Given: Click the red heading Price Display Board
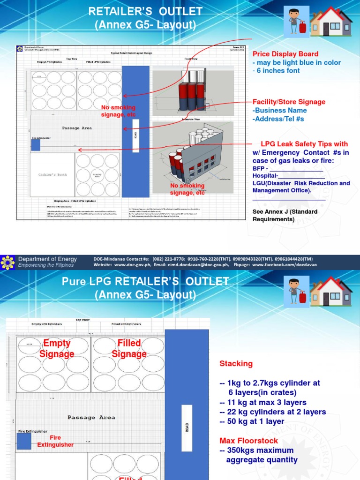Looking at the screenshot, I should click(x=285, y=54).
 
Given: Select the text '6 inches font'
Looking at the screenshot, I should click(x=278, y=71).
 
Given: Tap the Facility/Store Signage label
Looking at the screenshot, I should click(x=289, y=102).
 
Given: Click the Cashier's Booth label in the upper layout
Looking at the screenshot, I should click(x=52, y=174).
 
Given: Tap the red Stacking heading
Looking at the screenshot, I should click(x=236, y=363).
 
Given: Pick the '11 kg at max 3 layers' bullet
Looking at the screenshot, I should click(x=262, y=402).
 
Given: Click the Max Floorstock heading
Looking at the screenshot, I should click(x=248, y=441).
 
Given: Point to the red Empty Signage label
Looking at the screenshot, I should click(x=57, y=349).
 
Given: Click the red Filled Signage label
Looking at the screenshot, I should click(x=129, y=349).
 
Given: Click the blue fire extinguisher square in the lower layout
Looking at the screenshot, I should click(x=24, y=442).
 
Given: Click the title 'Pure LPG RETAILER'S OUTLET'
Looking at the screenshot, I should click(x=145, y=281).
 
